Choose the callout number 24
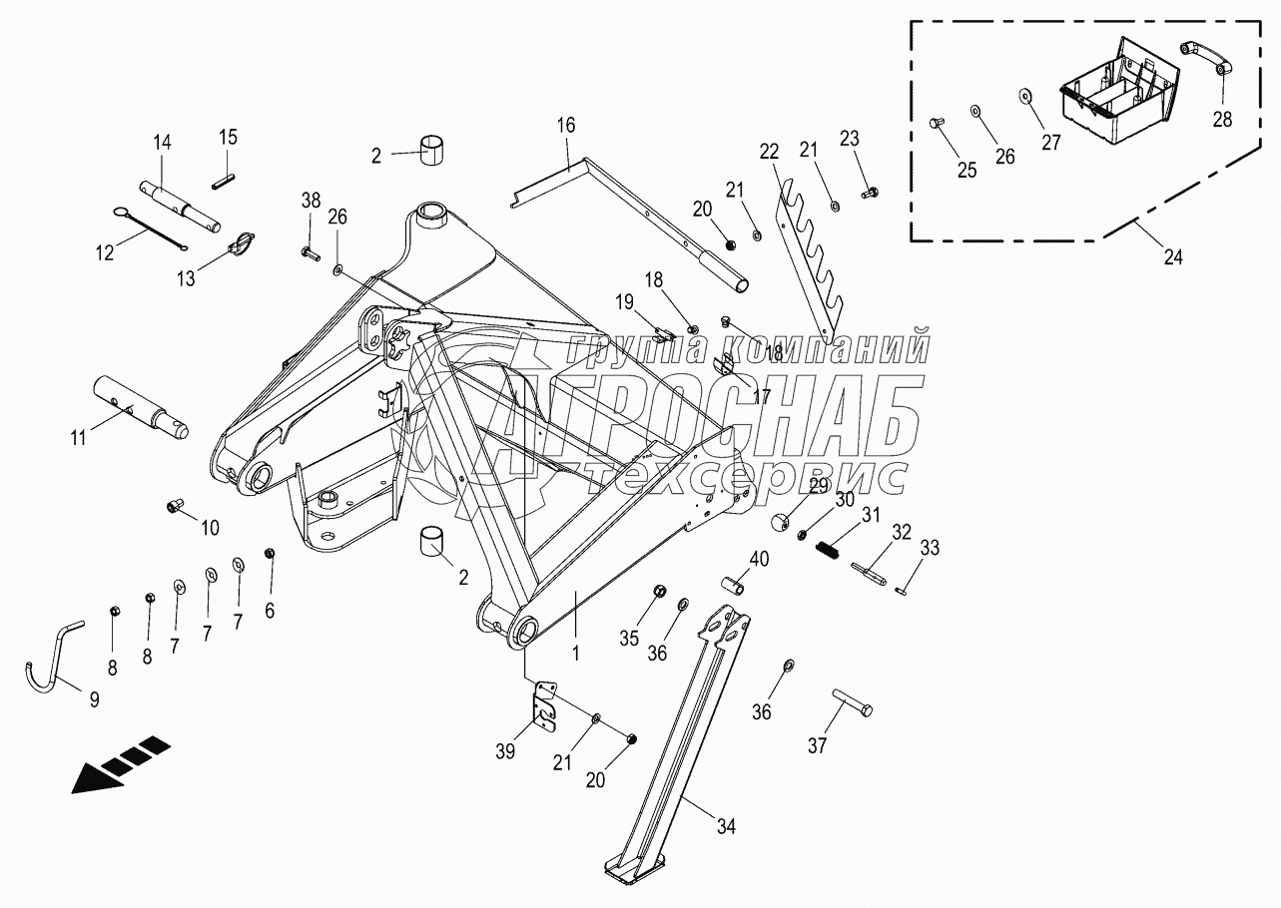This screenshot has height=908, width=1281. [x=1173, y=256]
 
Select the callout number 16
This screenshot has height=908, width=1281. [x=566, y=125]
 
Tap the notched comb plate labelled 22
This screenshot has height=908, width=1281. [x=804, y=253]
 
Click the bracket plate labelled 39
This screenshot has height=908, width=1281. [x=543, y=706]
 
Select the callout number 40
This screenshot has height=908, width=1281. [x=760, y=560]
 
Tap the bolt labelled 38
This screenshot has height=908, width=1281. [x=308, y=253]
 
